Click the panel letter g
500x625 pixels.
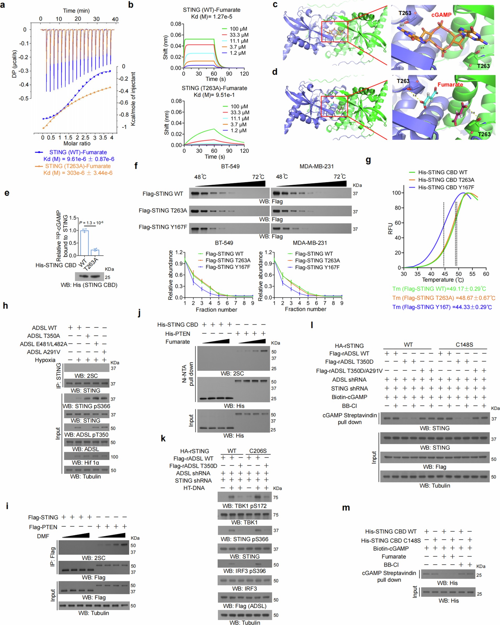click(x=368, y=160)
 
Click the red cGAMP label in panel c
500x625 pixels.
click(x=441, y=15)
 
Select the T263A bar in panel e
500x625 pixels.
click(x=95, y=252)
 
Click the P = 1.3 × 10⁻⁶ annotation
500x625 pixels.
click(x=91, y=223)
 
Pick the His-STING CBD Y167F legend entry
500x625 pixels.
click(x=446, y=187)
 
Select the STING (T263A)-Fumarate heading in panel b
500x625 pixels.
click(x=214, y=88)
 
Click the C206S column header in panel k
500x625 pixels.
click(x=258, y=451)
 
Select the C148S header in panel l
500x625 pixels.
click(x=464, y=345)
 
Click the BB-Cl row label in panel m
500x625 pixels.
click(x=391, y=565)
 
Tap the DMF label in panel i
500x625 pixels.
click(x=43, y=536)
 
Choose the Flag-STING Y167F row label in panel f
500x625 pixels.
click(x=163, y=227)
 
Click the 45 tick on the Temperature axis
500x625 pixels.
click(x=445, y=274)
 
